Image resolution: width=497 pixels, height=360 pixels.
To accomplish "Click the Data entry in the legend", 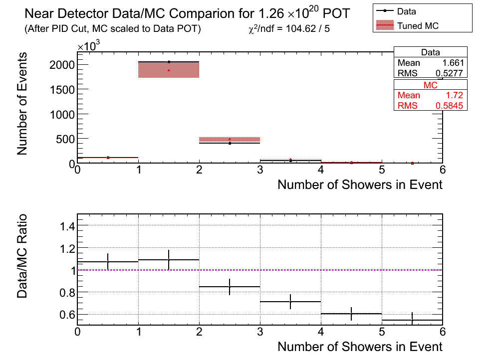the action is coord(396,11).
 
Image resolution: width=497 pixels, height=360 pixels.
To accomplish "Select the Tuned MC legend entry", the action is coord(407,25).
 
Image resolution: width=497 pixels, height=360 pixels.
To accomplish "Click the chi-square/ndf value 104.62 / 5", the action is coord(308,29).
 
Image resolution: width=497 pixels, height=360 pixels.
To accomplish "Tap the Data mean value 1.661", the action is coord(453,63).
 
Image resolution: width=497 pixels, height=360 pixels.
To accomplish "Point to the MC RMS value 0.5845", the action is coord(449,105).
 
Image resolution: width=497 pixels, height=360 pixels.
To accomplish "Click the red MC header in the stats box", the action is coord(431,85).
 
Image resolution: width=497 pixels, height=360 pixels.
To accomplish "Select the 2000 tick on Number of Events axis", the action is coord(62,65).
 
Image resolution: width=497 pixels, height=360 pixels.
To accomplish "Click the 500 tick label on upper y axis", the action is coord(65,139).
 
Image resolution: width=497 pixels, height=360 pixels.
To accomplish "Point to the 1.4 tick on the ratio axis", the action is coord(67,226).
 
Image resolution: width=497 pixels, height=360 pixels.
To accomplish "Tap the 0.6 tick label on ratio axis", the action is coord(67,315).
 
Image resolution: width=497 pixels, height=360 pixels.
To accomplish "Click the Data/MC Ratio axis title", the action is coord(22,256).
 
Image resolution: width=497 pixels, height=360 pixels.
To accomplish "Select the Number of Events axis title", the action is coord(22,104).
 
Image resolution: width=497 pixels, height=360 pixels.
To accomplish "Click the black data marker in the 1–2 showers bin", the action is coord(169,62).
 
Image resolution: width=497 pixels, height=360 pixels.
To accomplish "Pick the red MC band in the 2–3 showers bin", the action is coord(230,139).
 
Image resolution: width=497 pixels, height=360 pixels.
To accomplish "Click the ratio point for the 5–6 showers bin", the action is coord(412,320).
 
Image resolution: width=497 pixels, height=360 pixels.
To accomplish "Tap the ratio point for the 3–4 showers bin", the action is coord(290,302).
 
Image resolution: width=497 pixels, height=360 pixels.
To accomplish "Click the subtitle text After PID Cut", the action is coord(57,29).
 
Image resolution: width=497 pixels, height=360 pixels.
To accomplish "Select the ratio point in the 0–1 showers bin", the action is coord(108,262).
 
